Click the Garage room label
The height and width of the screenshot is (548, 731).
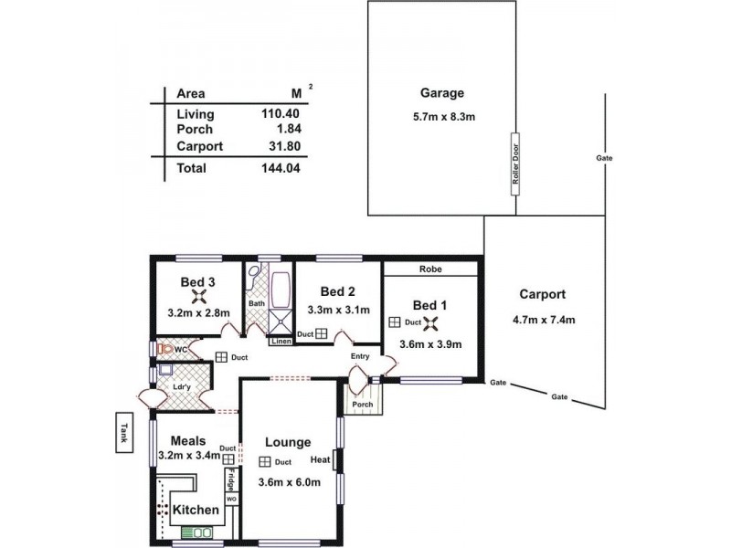point(442,93)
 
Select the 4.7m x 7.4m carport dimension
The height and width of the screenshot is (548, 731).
point(544,319)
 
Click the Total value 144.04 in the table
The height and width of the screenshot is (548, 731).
point(281,168)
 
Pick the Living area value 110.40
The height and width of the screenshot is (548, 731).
point(281,114)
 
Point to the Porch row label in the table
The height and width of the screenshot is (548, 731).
point(194,130)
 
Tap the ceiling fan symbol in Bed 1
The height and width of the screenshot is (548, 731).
point(435,322)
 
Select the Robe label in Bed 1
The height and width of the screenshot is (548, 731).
point(430,270)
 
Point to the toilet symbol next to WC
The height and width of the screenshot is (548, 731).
point(164,349)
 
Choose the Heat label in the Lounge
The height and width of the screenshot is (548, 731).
point(320,459)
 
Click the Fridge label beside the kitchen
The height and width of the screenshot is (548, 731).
point(231,480)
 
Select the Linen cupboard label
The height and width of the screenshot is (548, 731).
point(281,342)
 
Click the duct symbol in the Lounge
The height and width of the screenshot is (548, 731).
point(265,462)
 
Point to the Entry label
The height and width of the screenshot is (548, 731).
point(360,356)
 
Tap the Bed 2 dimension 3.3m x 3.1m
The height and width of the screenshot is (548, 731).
point(338,310)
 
